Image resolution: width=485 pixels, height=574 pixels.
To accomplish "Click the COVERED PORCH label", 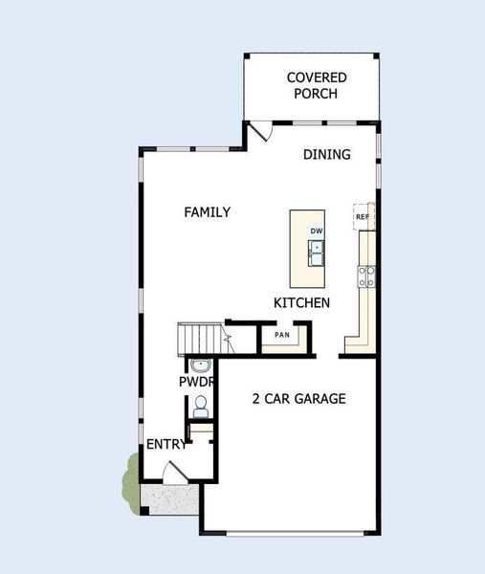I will [x=317, y=85].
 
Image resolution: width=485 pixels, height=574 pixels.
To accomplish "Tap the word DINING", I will [x=327, y=154].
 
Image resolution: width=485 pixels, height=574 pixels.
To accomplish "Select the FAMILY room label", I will [x=208, y=212].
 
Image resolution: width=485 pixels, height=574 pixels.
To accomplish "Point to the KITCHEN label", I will [x=302, y=302].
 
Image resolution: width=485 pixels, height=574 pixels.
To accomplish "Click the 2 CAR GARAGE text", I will [x=298, y=398].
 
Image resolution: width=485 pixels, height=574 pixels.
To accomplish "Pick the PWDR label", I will [x=195, y=382].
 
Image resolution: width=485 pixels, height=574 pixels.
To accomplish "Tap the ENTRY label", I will [x=166, y=444].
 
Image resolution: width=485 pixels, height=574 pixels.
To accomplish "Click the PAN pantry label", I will [x=282, y=335].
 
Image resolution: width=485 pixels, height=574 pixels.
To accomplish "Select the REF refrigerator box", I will [x=363, y=217].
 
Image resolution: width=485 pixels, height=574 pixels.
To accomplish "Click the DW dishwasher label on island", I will [x=316, y=232].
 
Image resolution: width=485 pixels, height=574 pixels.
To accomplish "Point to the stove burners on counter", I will [x=365, y=276].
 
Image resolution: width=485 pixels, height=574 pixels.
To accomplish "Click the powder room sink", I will [x=200, y=364].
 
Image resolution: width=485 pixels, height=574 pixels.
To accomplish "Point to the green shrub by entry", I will [x=130, y=480].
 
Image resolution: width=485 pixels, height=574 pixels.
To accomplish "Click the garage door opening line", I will [x=290, y=532].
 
